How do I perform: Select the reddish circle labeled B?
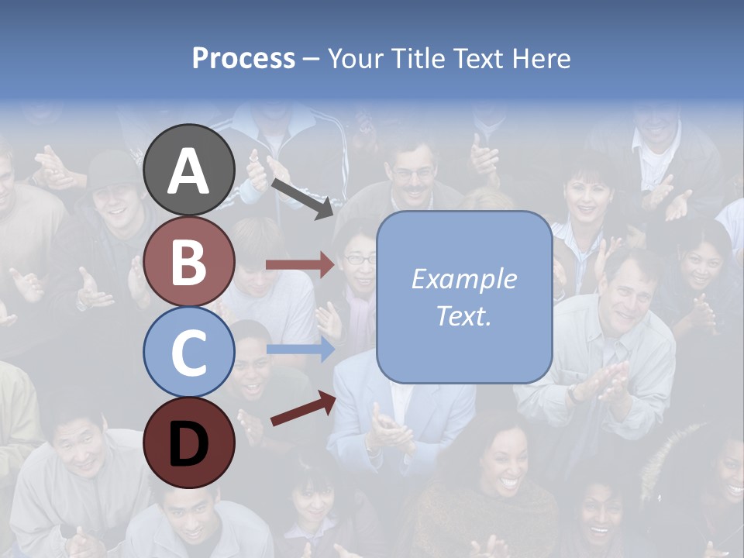click(x=189, y=261)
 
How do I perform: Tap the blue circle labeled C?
click(x=189, y=352)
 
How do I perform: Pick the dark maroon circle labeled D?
click(x=189, y=443)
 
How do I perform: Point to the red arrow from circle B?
click(x=300, y=265)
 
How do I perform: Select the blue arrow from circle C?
click(x=300, y=349)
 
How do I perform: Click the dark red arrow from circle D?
click(x=303, y=408)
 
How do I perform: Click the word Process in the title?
click(x=243, y=59)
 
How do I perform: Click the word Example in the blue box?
click(x=463, y=279)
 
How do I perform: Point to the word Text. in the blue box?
click(x=463, y=315)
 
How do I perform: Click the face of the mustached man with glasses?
click(x=412, y=174)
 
